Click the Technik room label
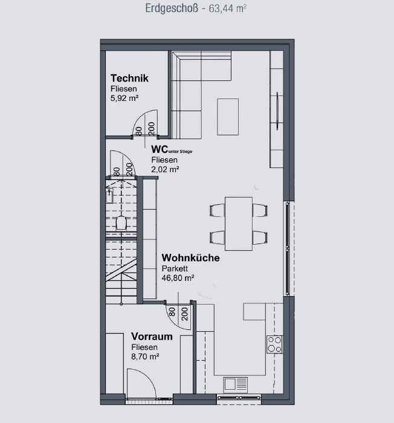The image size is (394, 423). [129, 78]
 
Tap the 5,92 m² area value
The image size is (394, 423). [124, 98]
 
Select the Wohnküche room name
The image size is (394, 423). [190, 258]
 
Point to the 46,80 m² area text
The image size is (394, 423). [178, 278]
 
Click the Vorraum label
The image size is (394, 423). [152, 337]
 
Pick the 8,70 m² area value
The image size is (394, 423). [145, 357]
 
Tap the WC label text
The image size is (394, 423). [160, 149]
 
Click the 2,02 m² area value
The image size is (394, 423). [165, 169]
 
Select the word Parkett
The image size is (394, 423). [175, 268]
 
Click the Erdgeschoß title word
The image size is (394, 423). [172, 8]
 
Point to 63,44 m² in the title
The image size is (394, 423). [227, 8]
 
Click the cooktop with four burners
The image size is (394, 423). [274, 344]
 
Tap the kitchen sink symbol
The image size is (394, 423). [235, 384]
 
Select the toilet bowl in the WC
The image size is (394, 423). [121, 223]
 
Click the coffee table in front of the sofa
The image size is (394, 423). [228, 117]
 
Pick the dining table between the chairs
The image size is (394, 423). [239, 224]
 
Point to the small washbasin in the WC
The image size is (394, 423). [109, 196]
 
